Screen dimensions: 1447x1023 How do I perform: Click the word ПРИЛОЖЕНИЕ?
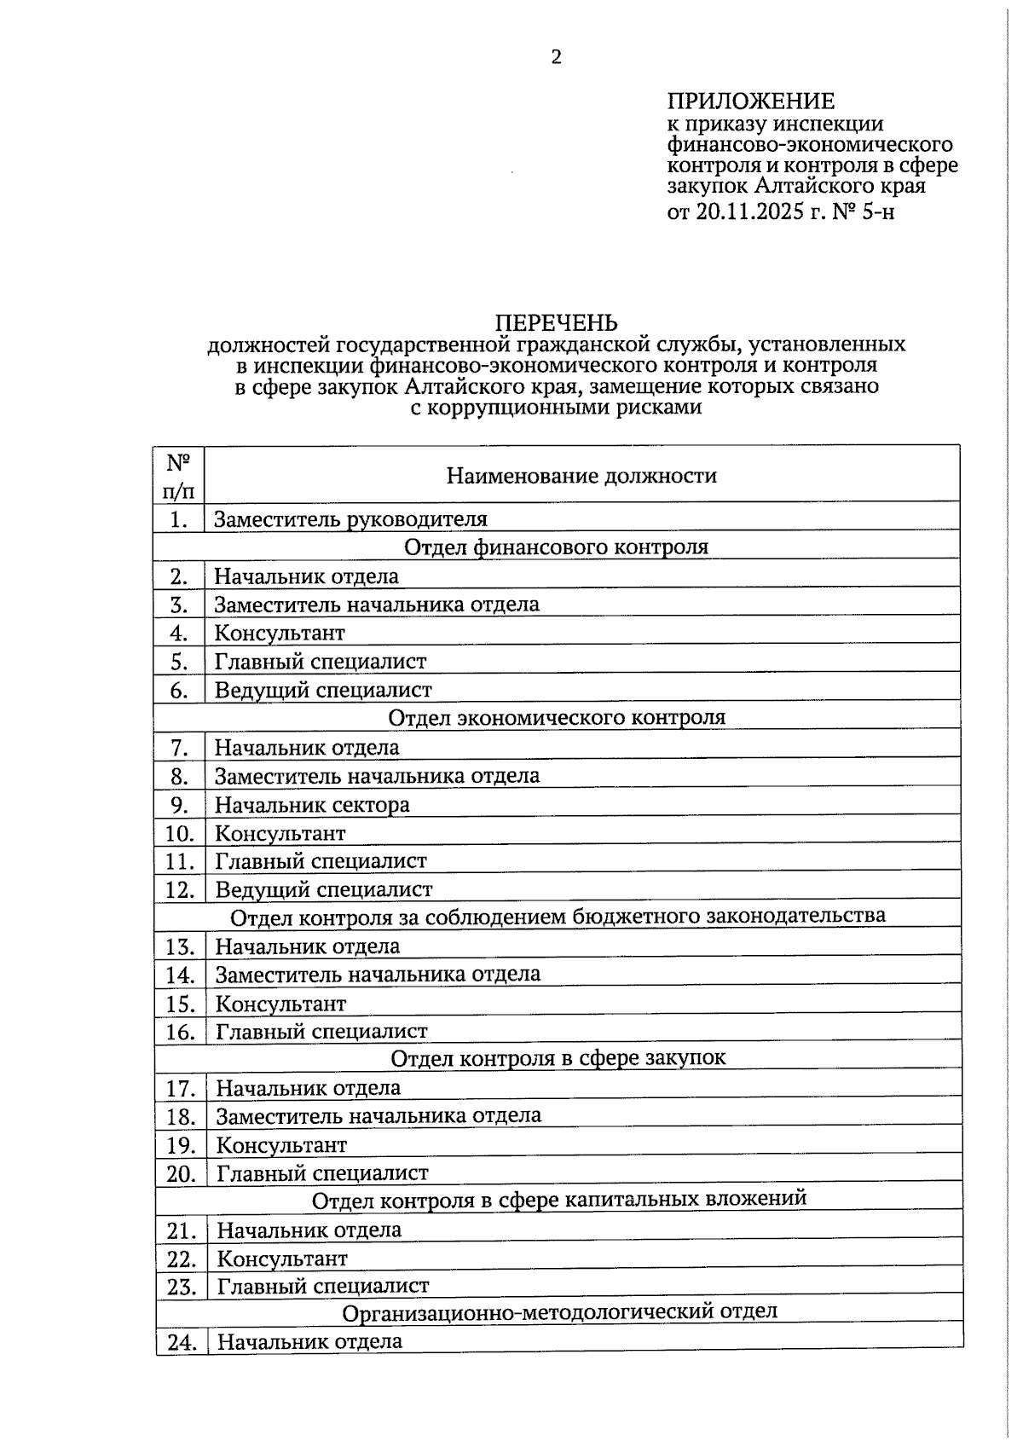[750, 102]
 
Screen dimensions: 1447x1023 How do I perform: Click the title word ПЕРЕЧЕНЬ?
[557, 322]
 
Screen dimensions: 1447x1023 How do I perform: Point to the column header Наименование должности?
[581, 476]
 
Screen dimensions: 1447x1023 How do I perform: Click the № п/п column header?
[178, 476]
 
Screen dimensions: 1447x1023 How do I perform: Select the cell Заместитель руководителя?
[350, 519]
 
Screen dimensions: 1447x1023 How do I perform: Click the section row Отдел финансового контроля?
[556, 547]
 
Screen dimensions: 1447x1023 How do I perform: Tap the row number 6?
[179, 690]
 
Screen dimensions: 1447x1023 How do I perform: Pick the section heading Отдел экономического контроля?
[557, 718]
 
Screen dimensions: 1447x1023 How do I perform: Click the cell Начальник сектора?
[312, 805]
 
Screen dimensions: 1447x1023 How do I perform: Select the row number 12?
[180, 890]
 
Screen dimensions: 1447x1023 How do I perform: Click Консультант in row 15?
[280, 1004]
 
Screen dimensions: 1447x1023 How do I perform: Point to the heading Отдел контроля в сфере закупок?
[558, 1058]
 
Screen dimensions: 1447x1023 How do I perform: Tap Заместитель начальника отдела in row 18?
[379, 1116]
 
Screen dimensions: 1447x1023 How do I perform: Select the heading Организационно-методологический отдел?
[560, 1312]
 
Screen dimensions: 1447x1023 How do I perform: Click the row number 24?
[182, 1343]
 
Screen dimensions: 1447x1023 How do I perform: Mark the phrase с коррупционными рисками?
[556, 407]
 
